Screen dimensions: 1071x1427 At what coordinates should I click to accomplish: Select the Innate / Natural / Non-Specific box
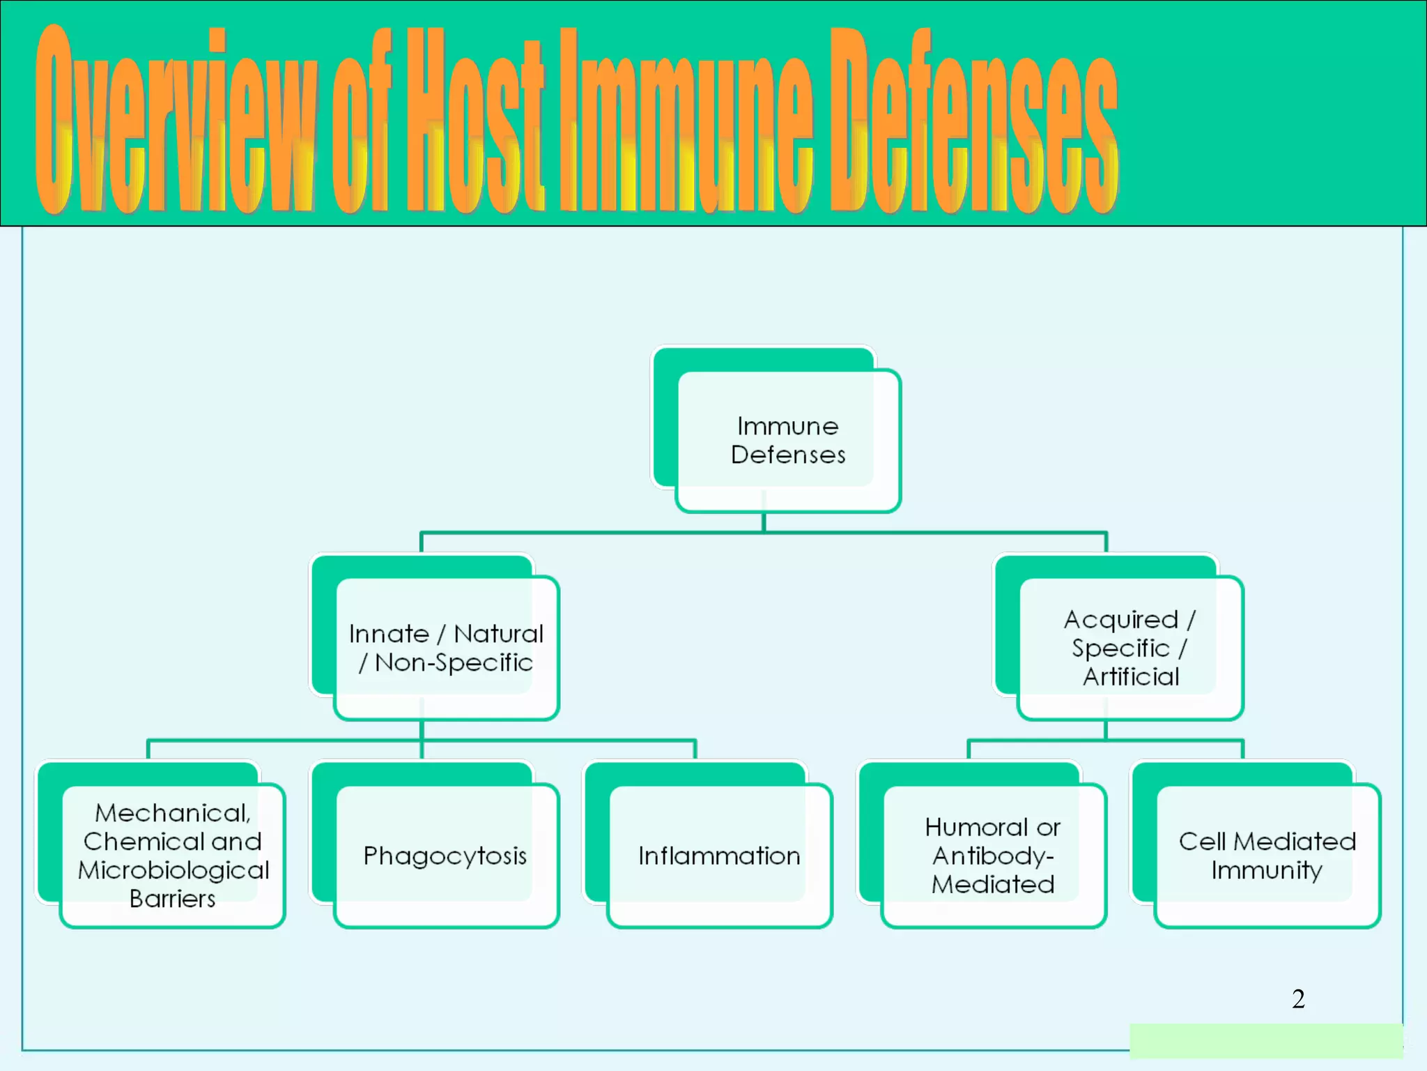coord(446,648)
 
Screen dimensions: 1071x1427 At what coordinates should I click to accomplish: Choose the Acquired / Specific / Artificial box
coord(1129,648)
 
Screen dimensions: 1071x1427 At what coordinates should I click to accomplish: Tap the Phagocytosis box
coord(445,856)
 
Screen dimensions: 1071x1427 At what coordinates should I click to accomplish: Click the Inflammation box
coord(719,856)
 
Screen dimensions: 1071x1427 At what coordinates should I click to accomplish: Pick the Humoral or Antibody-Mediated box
coord(993,856)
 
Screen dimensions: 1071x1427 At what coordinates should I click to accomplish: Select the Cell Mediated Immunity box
coord(1267,856)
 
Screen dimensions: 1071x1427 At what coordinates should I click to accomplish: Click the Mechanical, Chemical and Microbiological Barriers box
coord(172,856)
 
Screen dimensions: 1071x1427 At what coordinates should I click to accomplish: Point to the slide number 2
coord(1298,998)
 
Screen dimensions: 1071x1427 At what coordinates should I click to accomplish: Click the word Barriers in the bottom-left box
coord(172,899)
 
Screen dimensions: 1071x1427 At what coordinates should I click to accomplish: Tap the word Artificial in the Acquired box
coord(1131,676)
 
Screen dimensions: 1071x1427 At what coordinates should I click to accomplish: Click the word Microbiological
coord(173,870)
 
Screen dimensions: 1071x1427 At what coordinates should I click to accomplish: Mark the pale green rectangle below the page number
coord(1265,1040)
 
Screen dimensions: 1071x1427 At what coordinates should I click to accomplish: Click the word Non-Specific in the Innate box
coord(454,662)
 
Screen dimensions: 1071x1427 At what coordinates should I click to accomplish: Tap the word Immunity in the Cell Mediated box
coord(1266,870)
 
